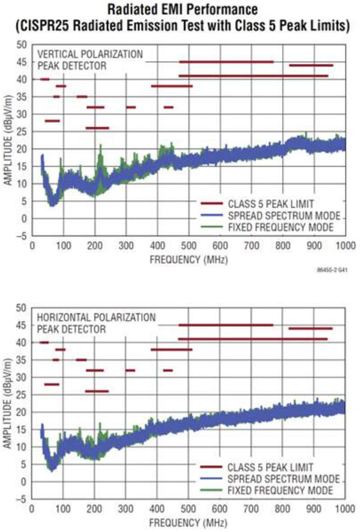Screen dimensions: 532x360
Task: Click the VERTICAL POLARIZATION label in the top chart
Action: pos(90,54)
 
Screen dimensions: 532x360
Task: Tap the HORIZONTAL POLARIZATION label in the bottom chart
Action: pos(96,317)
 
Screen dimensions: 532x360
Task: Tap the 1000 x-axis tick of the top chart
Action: pos(344,246)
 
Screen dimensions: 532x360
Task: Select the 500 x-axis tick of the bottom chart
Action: pos(188,509)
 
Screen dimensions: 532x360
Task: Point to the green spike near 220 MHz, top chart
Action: pos(101,146)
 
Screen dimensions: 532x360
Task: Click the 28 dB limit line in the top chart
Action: pos(52,121)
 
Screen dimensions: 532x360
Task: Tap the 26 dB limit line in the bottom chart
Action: pos(97,391)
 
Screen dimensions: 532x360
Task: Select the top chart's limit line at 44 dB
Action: pos(311,65)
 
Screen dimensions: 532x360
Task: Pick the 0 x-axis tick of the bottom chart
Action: pos(31,509)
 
